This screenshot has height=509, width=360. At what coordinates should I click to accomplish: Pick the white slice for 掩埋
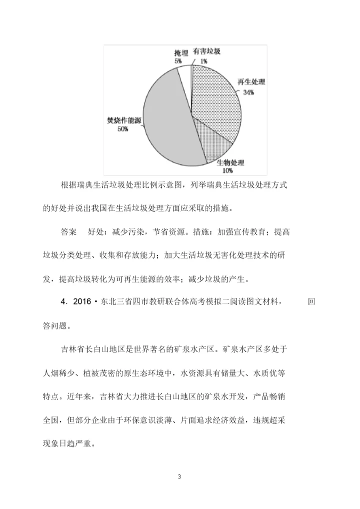184,75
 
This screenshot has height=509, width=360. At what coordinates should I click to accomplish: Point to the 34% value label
248,92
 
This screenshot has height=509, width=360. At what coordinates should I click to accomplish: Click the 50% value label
123,128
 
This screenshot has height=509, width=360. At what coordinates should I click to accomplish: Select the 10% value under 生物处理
227,170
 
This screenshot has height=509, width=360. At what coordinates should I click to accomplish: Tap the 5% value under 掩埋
178,61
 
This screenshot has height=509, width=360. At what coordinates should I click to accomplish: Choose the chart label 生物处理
230,162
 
